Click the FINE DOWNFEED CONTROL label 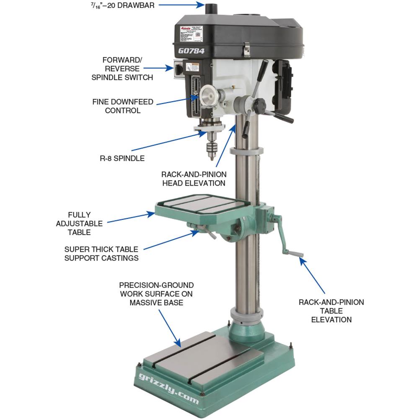tap(123, 106)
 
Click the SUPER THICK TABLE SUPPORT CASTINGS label tap(101, 253)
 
